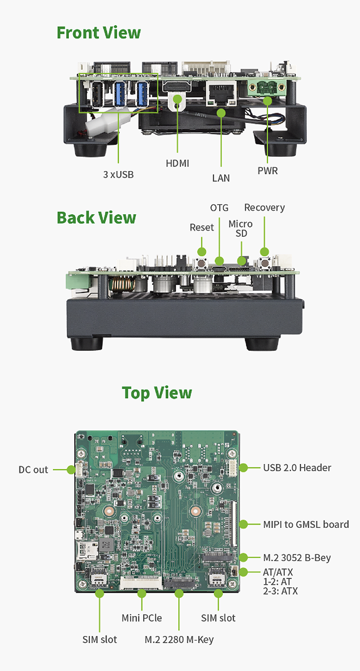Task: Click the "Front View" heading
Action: [x=99, y=33]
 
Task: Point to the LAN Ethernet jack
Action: [x=221, y=90]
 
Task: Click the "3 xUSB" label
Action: [x=118, y=175]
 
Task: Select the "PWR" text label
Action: [x=267, y=171]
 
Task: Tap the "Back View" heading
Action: [x=96, y=218]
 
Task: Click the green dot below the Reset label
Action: [x=202, y=252]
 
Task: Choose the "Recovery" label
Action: [x=264, y=207]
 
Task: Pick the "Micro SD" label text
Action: [x=241, y=229]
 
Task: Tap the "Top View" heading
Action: [x=157, y=393]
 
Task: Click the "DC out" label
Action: [x=33, y=470]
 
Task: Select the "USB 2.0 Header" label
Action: [x=297, y=468]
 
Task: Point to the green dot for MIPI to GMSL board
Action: [x=243, y=524]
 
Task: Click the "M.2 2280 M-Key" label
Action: [x=179, y=639]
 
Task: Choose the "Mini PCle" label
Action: [x=142, y=618]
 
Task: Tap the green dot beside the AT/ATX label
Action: [x=243, y=572]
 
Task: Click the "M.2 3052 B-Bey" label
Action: [x=297, y=558]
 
